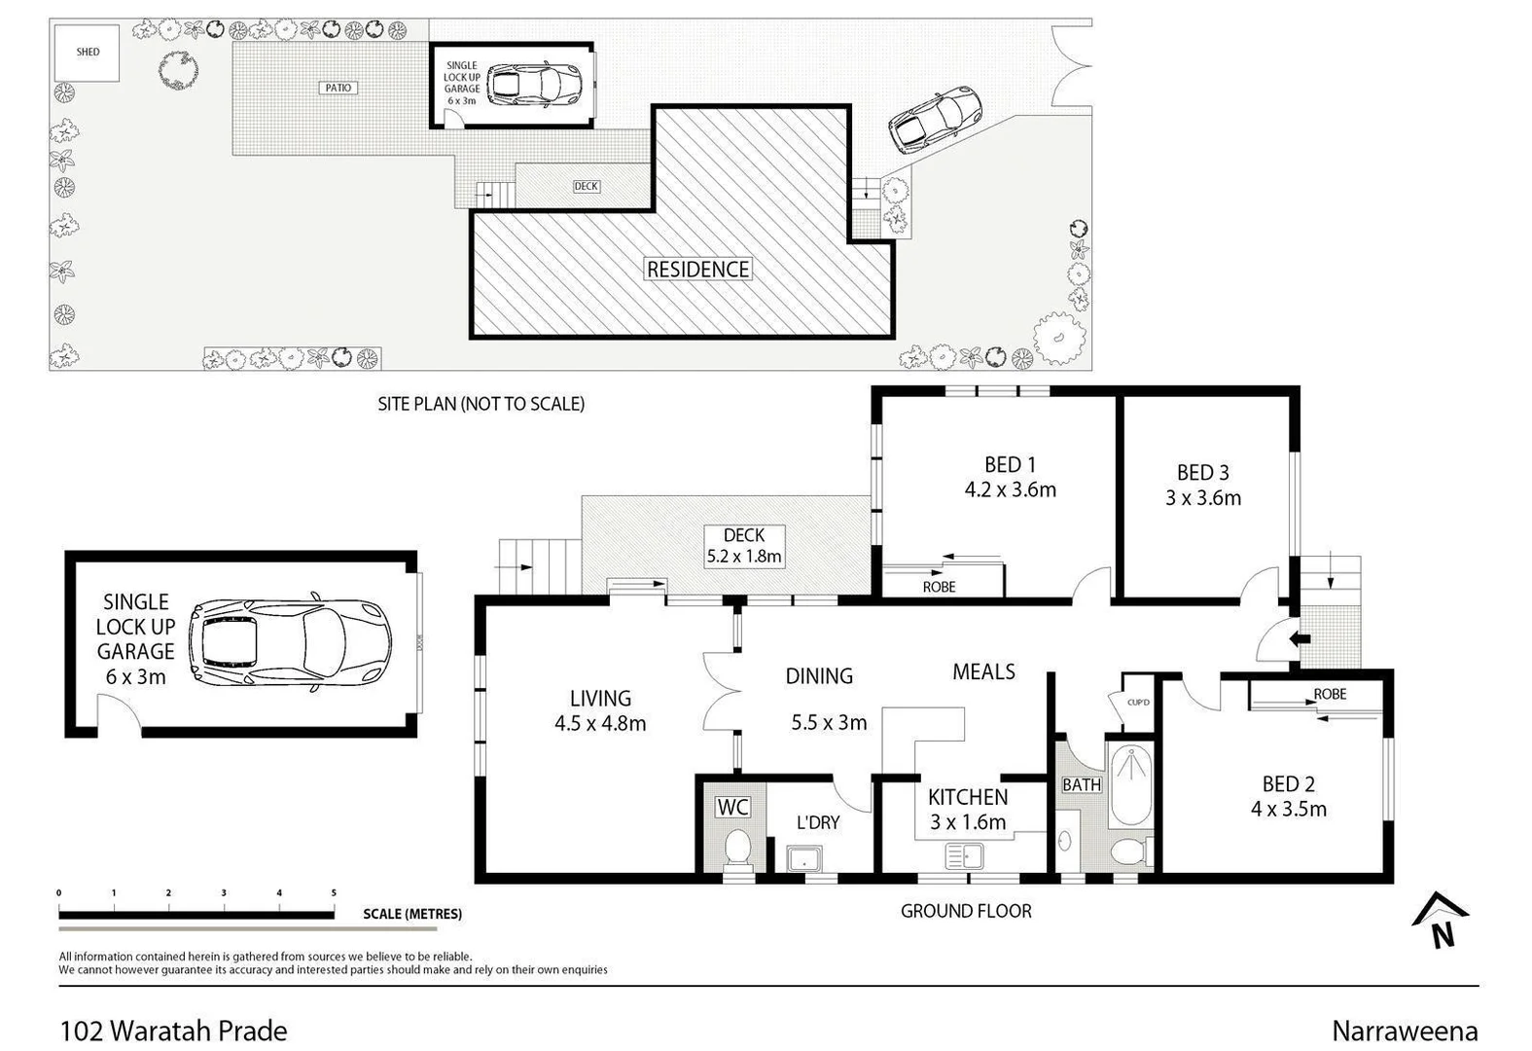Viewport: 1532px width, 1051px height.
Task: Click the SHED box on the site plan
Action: [x=88, y=53]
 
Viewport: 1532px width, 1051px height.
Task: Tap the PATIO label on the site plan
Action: [x=338, y=88]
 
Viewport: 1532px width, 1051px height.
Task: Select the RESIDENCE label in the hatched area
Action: [x=697, y=270]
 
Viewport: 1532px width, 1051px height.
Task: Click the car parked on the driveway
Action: [x=935, y=120]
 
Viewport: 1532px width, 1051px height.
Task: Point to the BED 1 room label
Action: [x=1010, y=465]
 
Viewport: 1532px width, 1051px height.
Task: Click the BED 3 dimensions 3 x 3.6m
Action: [x=1203, y=498]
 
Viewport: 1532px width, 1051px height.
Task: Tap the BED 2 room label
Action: [x=1288, y=783]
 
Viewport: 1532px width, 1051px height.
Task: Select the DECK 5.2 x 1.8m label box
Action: [x=744, y=546]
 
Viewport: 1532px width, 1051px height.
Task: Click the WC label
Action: [x=732, y=807]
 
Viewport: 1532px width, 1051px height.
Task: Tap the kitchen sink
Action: [x=964, y=857]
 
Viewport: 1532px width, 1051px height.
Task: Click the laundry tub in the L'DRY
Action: [x=805, y=858]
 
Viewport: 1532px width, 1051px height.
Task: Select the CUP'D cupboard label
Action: [x=1138, y=702]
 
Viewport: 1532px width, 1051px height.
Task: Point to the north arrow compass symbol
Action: [x=1441, y=920]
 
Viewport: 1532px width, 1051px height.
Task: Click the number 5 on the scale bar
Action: [x=334, y=892]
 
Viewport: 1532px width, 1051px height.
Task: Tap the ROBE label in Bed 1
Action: [x=939, y=587]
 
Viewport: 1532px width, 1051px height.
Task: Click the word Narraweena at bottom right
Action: [x=1404, y=1031]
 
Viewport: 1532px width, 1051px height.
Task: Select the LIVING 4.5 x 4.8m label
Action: [x=600, y=710]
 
